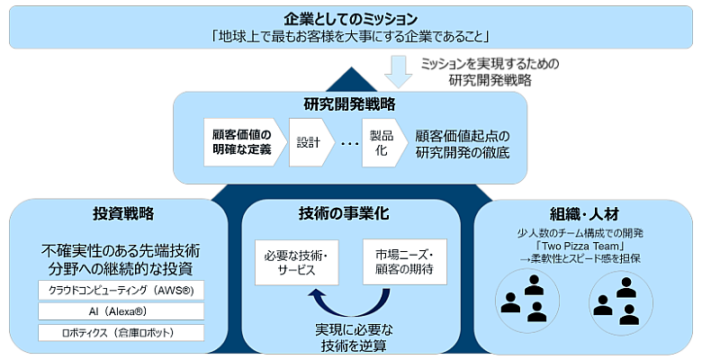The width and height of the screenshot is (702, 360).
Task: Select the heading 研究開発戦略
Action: click(x=350, y=103)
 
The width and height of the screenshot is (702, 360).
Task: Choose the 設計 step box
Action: click(x=309, y=142)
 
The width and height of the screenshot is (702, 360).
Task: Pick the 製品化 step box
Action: click(x=378, y=142)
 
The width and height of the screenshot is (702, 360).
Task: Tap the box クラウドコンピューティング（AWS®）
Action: click(x=121, y=290)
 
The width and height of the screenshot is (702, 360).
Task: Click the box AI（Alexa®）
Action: click(x=121, y=311)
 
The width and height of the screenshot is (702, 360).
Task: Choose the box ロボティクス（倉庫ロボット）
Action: click(x=121, y=333)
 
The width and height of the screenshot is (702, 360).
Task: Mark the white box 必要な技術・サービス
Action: click(x=297, y=262)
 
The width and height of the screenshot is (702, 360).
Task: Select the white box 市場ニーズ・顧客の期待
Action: click(x=404, y=262)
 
